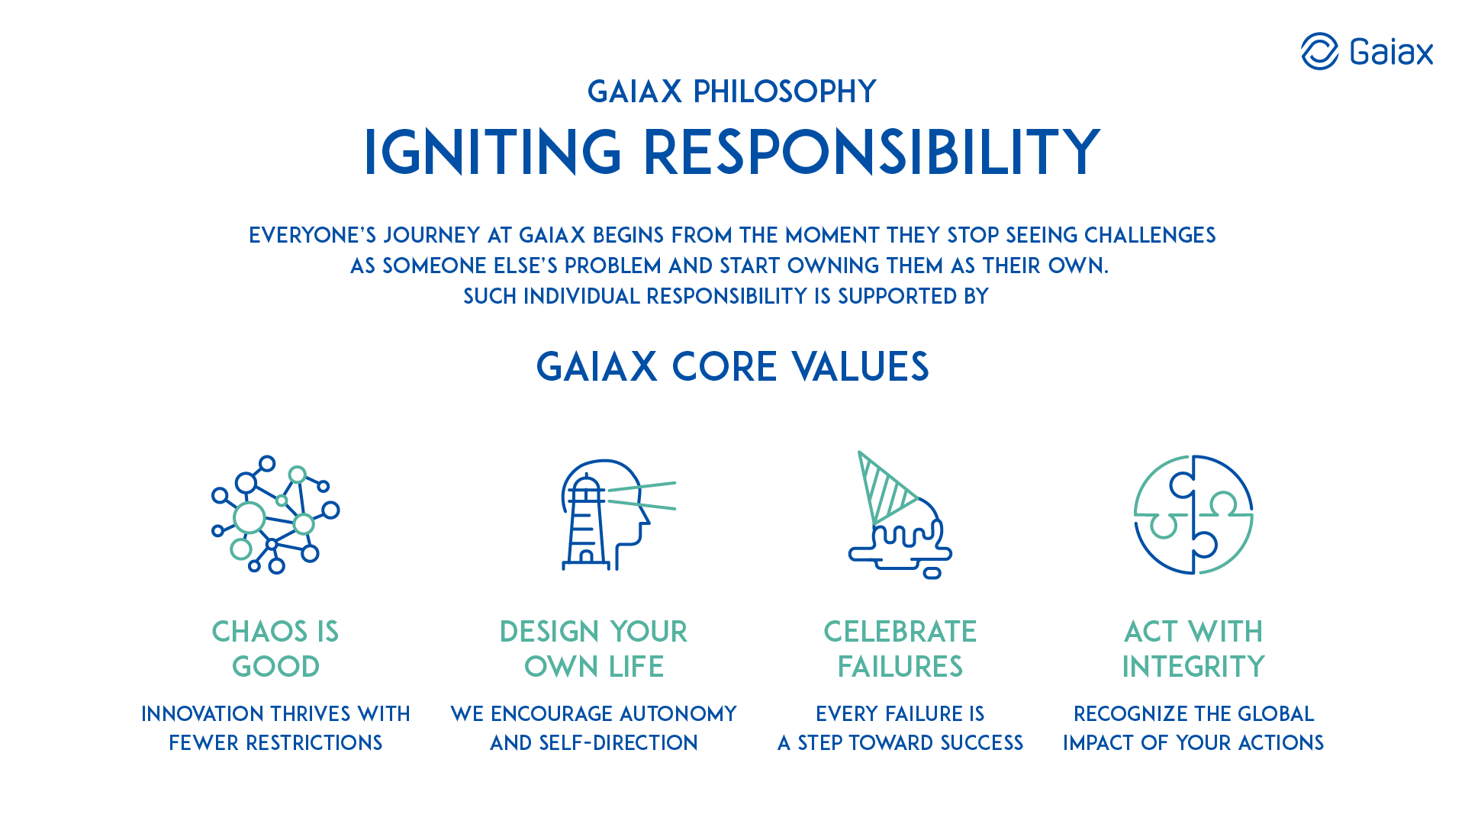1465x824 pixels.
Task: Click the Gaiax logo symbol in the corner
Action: (x=1319, y=51)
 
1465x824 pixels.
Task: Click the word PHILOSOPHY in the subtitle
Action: (x=784, y=92)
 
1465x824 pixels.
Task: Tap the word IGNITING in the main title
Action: (x=493, y=152)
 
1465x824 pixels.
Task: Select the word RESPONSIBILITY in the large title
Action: (x=871, y=152)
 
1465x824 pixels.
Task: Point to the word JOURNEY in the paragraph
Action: (x=432, y=235)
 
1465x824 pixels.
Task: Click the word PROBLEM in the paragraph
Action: (x=613, y=266)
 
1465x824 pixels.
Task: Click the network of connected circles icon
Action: (x=275, y=515)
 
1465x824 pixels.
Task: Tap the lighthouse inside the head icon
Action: (x=586, y=522)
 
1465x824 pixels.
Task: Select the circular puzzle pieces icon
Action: (x=1193, y=515)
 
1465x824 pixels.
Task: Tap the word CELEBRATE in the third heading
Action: (x=900, y=632)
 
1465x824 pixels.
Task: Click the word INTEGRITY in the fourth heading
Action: (x=1193, y=667)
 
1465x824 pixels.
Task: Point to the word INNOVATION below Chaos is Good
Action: (x=203, y=714)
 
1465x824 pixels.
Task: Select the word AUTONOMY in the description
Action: (x=678, y=714)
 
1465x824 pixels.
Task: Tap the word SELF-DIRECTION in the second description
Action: (x=618, y=743)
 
